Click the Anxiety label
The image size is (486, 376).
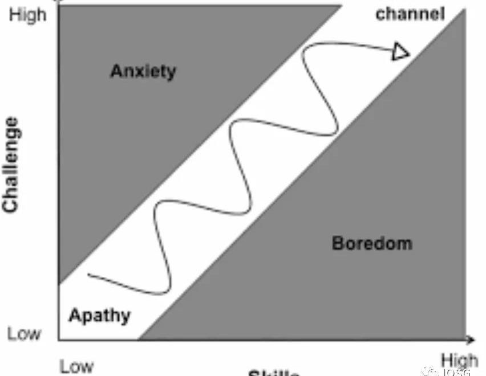click(143, 71)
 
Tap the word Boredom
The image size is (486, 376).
click(371, 244)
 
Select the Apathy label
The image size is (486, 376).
click(99, 315)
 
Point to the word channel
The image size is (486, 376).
click(409, 14)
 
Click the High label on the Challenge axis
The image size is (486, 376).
click(27, 15)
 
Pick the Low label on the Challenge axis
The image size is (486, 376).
click(24, 333)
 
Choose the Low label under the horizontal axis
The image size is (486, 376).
click(76, 366)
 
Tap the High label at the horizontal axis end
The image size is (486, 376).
click(459, 361)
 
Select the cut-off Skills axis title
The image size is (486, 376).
click(274, 373)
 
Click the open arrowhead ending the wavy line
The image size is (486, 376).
click(402, 52)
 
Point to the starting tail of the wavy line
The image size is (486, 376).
click(90, 275)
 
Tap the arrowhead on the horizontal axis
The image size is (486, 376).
click(471, 341)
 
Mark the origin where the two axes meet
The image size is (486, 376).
click(59, 341)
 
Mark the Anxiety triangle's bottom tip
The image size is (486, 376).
click(59, 283)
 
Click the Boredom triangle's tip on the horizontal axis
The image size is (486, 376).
click(139, 340)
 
